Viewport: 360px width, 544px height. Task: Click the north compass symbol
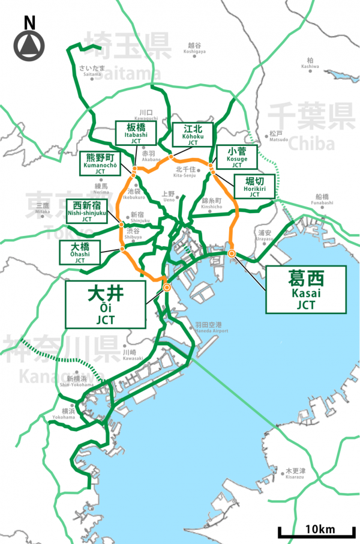(29, 43)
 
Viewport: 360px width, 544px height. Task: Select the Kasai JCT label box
(306, 290)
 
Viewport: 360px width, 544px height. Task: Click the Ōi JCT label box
(105, 304)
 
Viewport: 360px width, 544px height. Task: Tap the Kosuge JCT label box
(236, 157)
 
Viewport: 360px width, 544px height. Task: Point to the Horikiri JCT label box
(254, 187)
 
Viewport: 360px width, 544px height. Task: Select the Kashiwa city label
(310, 63)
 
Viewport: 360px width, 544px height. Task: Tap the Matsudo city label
(277, 136)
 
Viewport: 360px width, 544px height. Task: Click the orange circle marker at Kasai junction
(232, 253)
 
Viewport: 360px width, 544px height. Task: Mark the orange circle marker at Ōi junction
(166, 288)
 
